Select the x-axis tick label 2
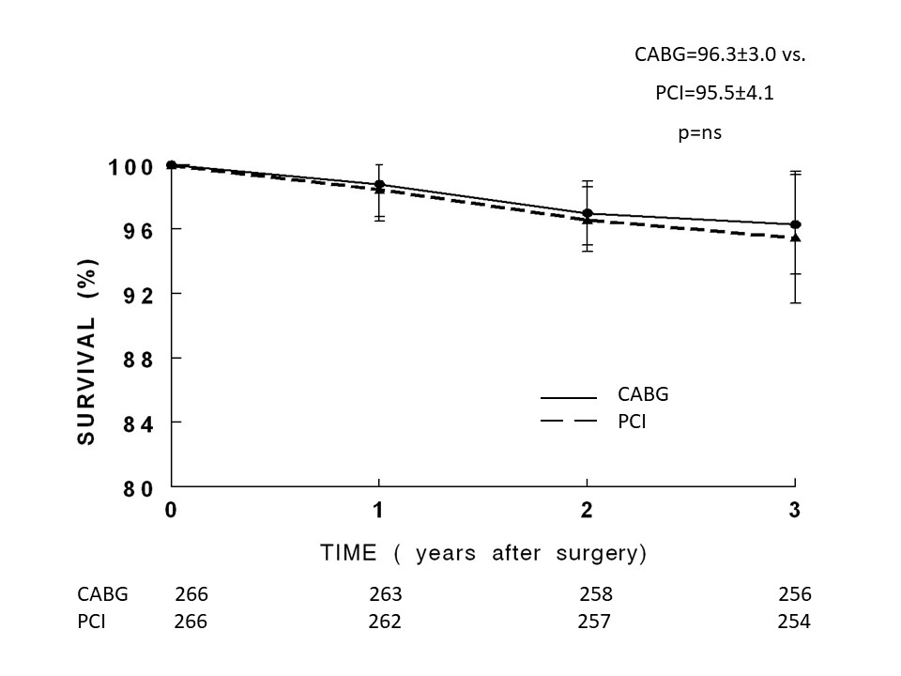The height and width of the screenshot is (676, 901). pyautogui.click(x=587, y=511)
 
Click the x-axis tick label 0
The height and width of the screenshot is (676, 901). pyautogui.click(x=171, y=511)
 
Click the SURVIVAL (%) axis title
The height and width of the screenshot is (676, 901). pyautogui.click(x=87, y=339)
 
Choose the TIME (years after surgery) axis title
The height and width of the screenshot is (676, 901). pyautogui.click(x=483, y=553)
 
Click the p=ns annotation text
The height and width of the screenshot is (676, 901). pyautogui.click(x=699, y=133)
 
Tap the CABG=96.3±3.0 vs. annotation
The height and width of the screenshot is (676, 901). pyautogui.click(x=721, y=54)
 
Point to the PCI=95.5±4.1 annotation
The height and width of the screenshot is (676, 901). pyautogui.click(x=714, y=94)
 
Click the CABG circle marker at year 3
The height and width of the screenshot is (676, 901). pyautogui.click(x=795, y=224)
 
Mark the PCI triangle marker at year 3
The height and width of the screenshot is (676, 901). pyautogui.click(x=795, y=238)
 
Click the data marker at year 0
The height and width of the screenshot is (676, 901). pyautogui.click(x=171, y=165)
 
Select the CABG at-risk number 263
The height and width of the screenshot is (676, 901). pyautogui.click(x=385, y=594)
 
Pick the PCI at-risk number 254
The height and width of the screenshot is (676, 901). pyautogui.click(x=794, y=622)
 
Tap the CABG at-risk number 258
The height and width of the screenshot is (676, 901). pyautogui.click(x=596, y=594)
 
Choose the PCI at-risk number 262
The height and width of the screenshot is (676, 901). pyautogui.click(x=385, y=622)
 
